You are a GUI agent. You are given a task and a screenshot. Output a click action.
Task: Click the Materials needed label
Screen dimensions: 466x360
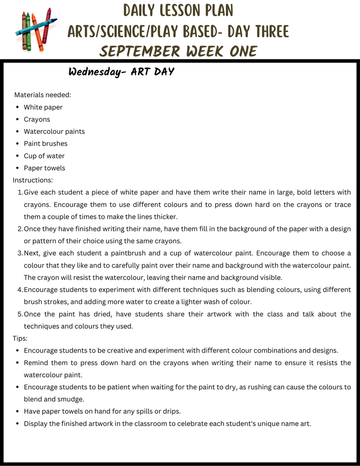coord(43,95)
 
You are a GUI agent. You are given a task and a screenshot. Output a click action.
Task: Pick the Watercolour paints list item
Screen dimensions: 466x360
coord(54,131)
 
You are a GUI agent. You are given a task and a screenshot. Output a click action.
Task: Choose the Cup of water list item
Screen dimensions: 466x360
coord(44,156)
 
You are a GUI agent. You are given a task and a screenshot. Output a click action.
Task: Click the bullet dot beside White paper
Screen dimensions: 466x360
coord(16,107)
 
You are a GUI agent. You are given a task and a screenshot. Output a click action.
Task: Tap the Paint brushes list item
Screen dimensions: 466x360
coord(46,144)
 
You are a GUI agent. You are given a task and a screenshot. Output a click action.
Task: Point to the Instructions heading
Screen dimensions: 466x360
coord(33,180)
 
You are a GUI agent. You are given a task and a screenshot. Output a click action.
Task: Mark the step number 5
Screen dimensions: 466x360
coord(20,314)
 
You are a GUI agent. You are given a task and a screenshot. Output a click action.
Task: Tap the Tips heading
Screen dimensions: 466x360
coord(20,338)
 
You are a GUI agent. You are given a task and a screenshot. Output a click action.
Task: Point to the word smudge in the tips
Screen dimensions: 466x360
coord(71,399)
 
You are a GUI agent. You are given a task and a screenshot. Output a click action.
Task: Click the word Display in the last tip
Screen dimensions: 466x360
coord(36,424)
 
